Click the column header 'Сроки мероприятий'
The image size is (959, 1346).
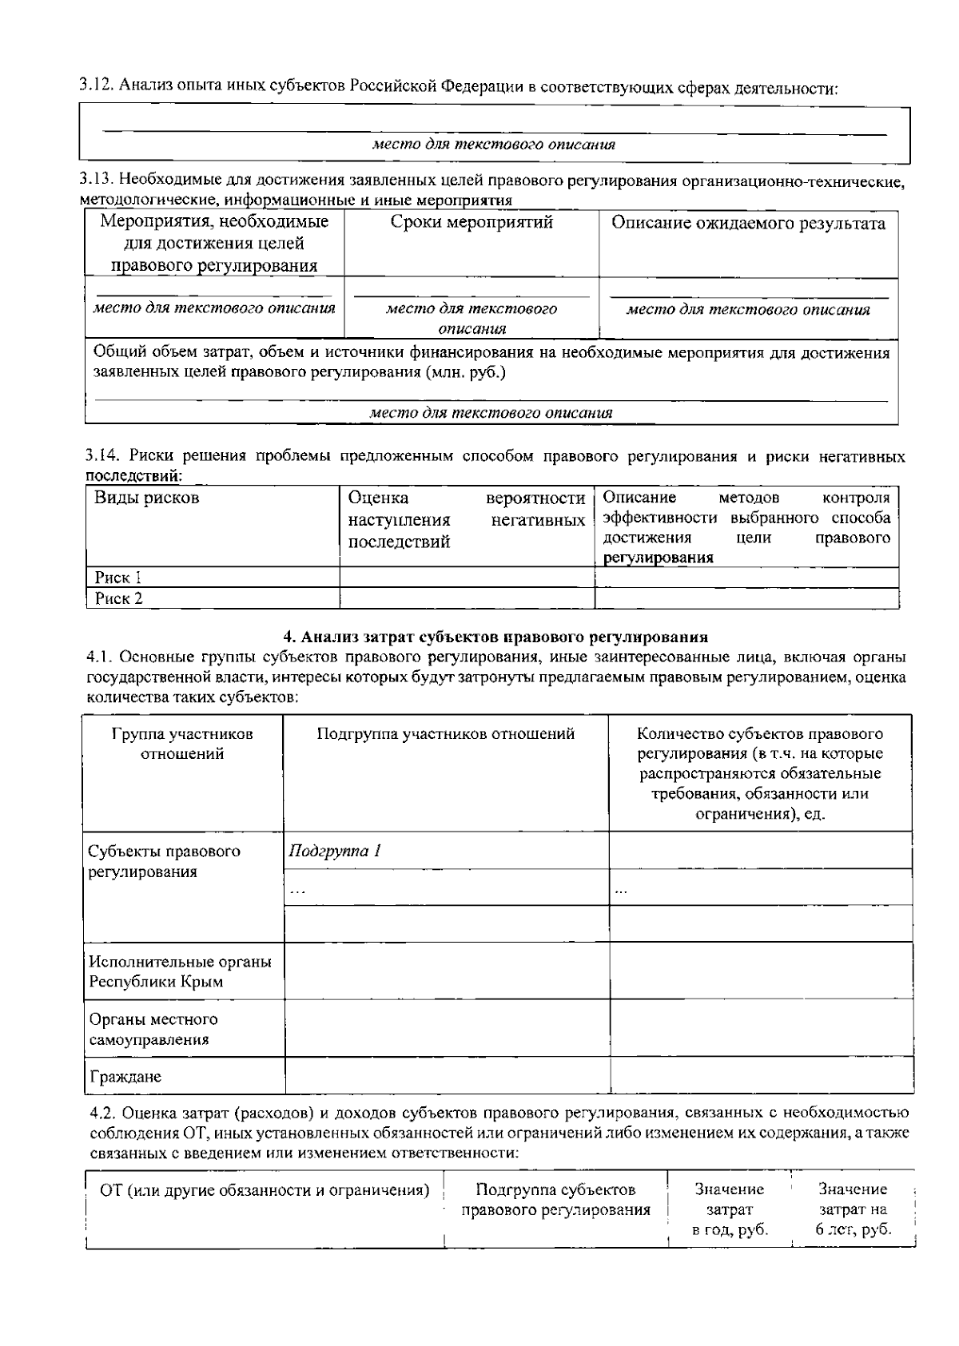click(472, 223)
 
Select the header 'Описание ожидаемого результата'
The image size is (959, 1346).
click(748, 224)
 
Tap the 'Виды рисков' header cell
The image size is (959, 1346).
click(147, 498)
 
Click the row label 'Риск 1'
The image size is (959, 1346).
click(118, 578)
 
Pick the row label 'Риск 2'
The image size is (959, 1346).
click(118, 598)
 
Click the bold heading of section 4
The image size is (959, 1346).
click(495, 637)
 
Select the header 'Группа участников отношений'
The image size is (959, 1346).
click(182, 744)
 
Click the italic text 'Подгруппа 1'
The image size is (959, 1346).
click(335, 851)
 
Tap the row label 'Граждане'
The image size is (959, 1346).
click(125, 1077)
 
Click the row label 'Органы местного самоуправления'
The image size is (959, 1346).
click(153, 1030)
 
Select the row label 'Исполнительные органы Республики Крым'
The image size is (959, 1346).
click(180, 971)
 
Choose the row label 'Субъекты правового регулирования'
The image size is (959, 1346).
click(164, 861)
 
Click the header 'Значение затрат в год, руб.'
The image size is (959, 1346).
click(730, 1209)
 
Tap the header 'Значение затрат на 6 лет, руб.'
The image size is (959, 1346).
click(853, 1209)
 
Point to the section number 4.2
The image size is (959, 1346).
click(103, 1113)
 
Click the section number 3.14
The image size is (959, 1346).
click(102, 456)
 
